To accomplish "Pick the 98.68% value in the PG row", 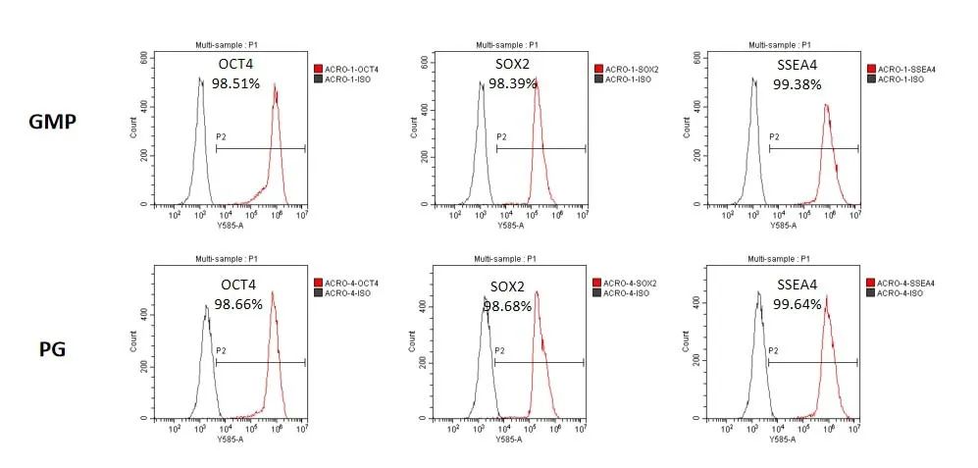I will coord(507,306).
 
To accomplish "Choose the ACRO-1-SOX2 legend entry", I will coord(631,69).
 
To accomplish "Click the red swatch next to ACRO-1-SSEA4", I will coord(871,69).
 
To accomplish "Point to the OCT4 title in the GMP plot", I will coord(234,66).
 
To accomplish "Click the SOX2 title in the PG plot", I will coord(508,288).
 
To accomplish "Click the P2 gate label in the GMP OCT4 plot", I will coord(221,137).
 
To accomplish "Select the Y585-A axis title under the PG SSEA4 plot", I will coord(783,439).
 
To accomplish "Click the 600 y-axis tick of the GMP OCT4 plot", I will coord(144,58).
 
